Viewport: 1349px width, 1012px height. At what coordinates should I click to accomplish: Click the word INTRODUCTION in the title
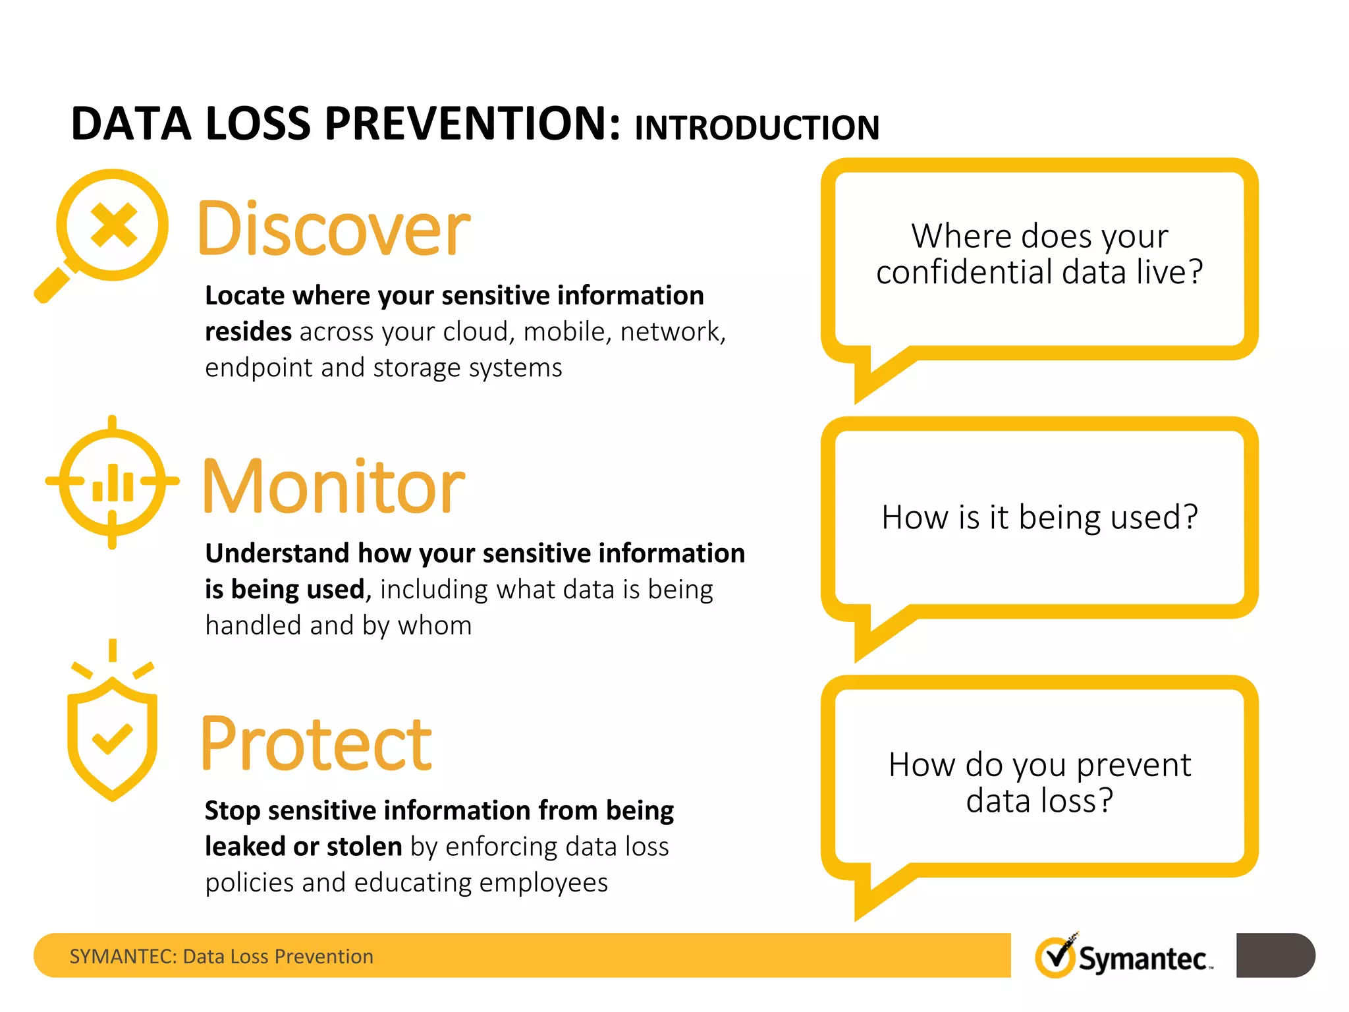(757, 128)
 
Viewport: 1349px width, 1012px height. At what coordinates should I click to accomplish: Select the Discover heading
(334, 229)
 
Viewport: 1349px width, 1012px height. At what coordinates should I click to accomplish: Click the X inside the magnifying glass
(113, 225)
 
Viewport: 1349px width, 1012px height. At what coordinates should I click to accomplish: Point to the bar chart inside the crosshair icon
(113, 484)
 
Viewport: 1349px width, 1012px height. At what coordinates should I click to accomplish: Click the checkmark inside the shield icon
(112, 739)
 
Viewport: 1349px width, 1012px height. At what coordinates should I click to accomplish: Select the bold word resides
(248, 331)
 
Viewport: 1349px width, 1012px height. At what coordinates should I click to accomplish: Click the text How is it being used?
(1039, 517)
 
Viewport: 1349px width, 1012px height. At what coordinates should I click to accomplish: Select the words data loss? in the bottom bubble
(1039, 801)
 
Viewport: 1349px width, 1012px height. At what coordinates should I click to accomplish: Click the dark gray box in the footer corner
(1275, 955)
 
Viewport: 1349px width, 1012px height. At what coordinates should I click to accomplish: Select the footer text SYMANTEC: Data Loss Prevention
(221, 956)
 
